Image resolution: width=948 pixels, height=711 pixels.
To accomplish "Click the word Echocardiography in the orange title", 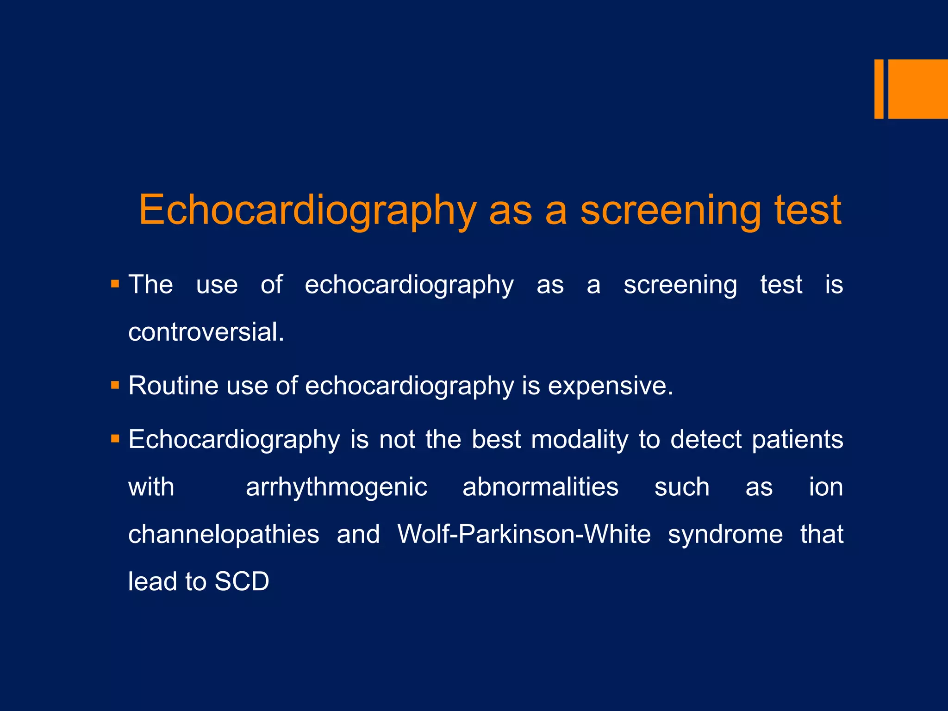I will (x=307, y=211).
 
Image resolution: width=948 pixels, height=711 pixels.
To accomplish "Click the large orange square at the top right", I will (x=918, y=89).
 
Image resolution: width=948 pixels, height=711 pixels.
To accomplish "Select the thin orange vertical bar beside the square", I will (x=879, y=89).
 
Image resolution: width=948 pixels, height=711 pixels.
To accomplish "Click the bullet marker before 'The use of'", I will (x=115, y=284).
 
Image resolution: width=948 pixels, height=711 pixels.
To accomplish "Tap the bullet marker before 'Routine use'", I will (x=115, y=385).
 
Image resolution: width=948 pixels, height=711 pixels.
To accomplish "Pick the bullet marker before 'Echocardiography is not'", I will (x=115, y=438).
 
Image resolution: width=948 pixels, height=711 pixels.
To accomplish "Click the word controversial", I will (x=206, y=332).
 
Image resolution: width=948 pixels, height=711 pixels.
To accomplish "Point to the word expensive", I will (x=610, y=386).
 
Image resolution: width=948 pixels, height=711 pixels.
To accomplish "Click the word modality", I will (x=580, y=439).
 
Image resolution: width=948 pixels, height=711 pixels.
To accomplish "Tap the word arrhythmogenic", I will (x=337, y=487).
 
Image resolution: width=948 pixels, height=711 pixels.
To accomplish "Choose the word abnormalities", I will (x=540, y=487).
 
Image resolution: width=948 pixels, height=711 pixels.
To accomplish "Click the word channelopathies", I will (x=224, y=535).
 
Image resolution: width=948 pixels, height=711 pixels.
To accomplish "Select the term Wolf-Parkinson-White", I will (x=524, y=534).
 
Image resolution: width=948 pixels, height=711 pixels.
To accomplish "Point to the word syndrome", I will (x=725, y=535).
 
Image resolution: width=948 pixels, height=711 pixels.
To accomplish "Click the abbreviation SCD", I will (x=242, y=582).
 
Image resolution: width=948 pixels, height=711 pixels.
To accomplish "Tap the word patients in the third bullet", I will (x=797, y=439).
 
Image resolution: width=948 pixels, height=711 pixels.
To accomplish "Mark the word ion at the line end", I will (x=826, y=487).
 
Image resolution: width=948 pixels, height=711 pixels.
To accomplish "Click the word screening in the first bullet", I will (x=680, y=285).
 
